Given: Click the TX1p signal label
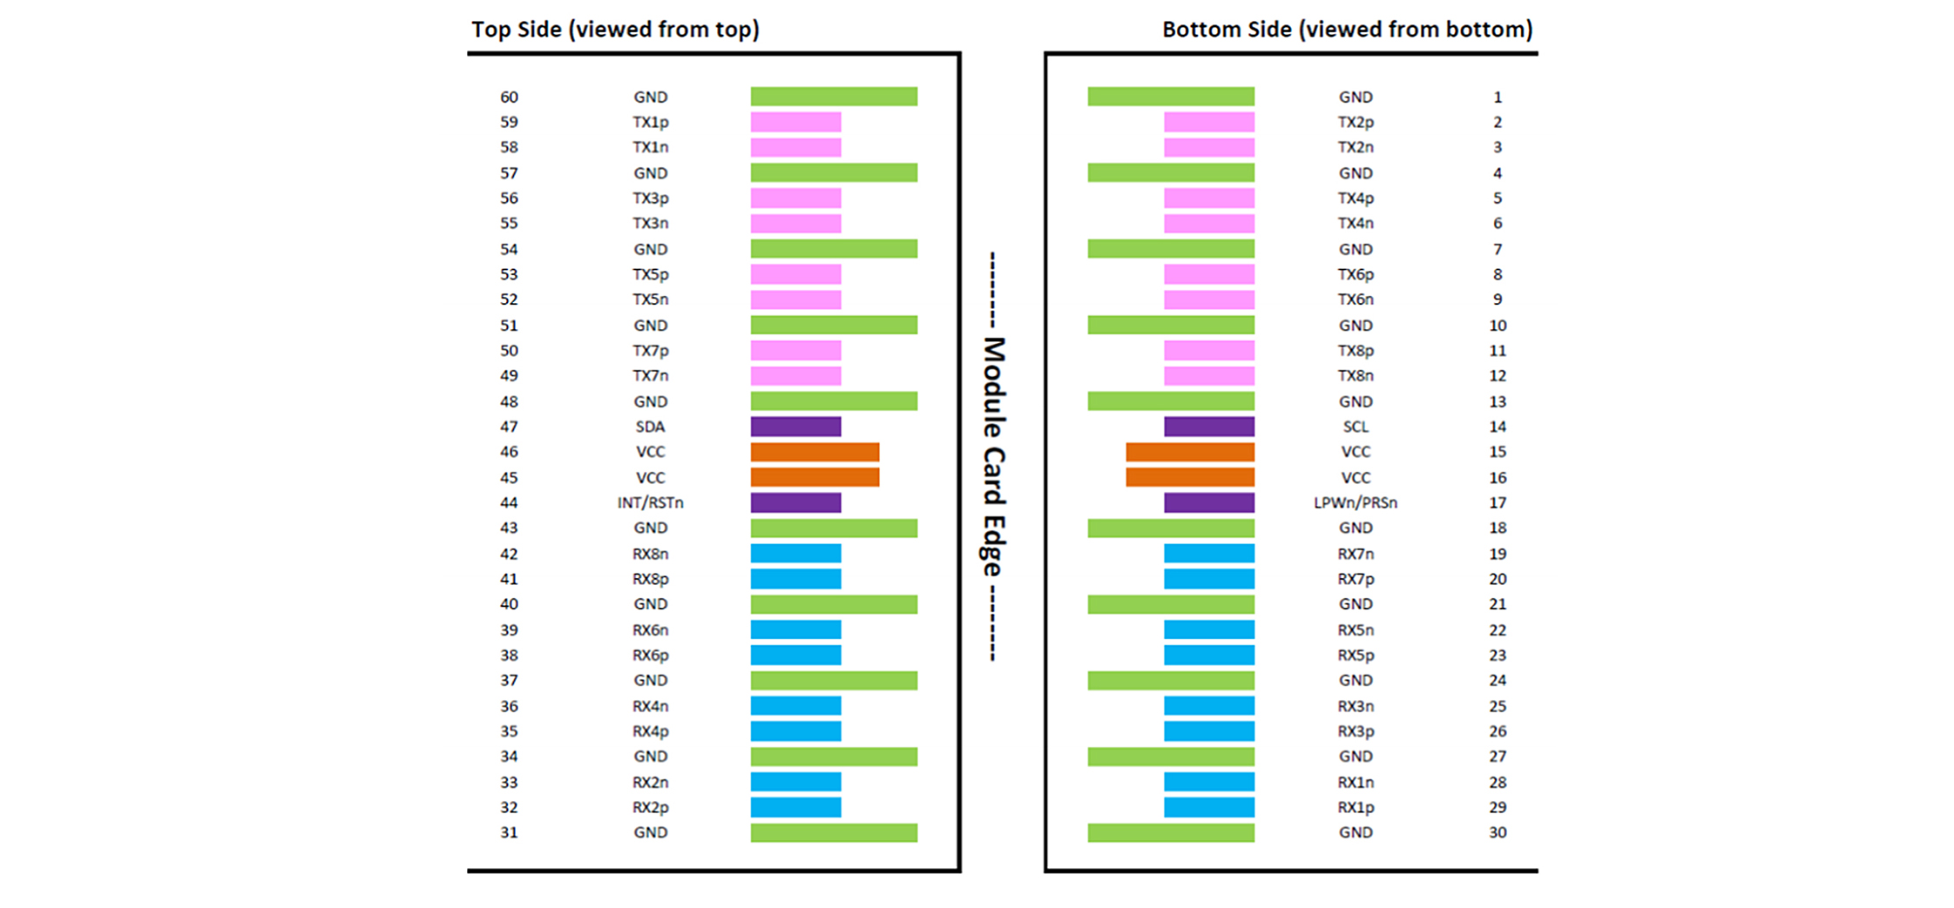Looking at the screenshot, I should [650, 122].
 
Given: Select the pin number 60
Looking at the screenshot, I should [509, 97].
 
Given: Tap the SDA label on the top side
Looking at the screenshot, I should [650, 427].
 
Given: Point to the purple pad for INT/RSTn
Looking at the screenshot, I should [795, 502].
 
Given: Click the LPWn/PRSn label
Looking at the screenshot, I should [1355, 502].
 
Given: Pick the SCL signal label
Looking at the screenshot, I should [1355, 427].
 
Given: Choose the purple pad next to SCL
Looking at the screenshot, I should [1209, 427].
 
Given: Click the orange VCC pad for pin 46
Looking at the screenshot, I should [815, 452].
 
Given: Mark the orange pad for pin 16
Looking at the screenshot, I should [1190, 477].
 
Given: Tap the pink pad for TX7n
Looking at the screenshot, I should [795, 376].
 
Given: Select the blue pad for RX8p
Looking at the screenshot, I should [795, 579].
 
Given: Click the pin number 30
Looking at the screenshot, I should [1498, 832].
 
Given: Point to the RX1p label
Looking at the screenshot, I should [1355, 807].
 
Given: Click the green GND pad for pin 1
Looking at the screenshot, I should [1171, 97].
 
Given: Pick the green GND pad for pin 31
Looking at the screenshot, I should [834, 832].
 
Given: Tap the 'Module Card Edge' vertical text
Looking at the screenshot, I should [993, 457].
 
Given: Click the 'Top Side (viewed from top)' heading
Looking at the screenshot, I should [615, 30].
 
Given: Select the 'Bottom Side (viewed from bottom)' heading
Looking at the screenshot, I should [1347, 30].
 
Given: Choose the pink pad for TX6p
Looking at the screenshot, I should [1209, 274].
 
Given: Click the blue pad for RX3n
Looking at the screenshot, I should [1209, 706].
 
